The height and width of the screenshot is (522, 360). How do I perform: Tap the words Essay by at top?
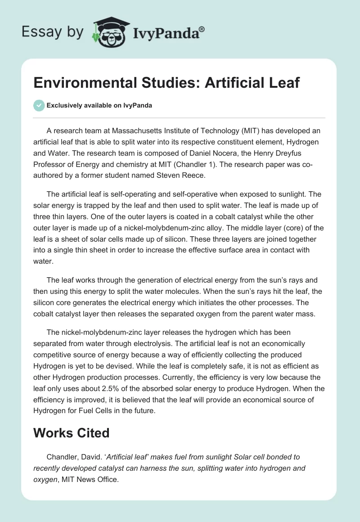click(x=52, y=32)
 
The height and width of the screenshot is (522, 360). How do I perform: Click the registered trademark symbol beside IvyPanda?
click(x=202, y=29)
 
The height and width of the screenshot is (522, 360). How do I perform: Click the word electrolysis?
click(x=182, y=343)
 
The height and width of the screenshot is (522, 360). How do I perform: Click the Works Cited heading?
click(x=72, y=433)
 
